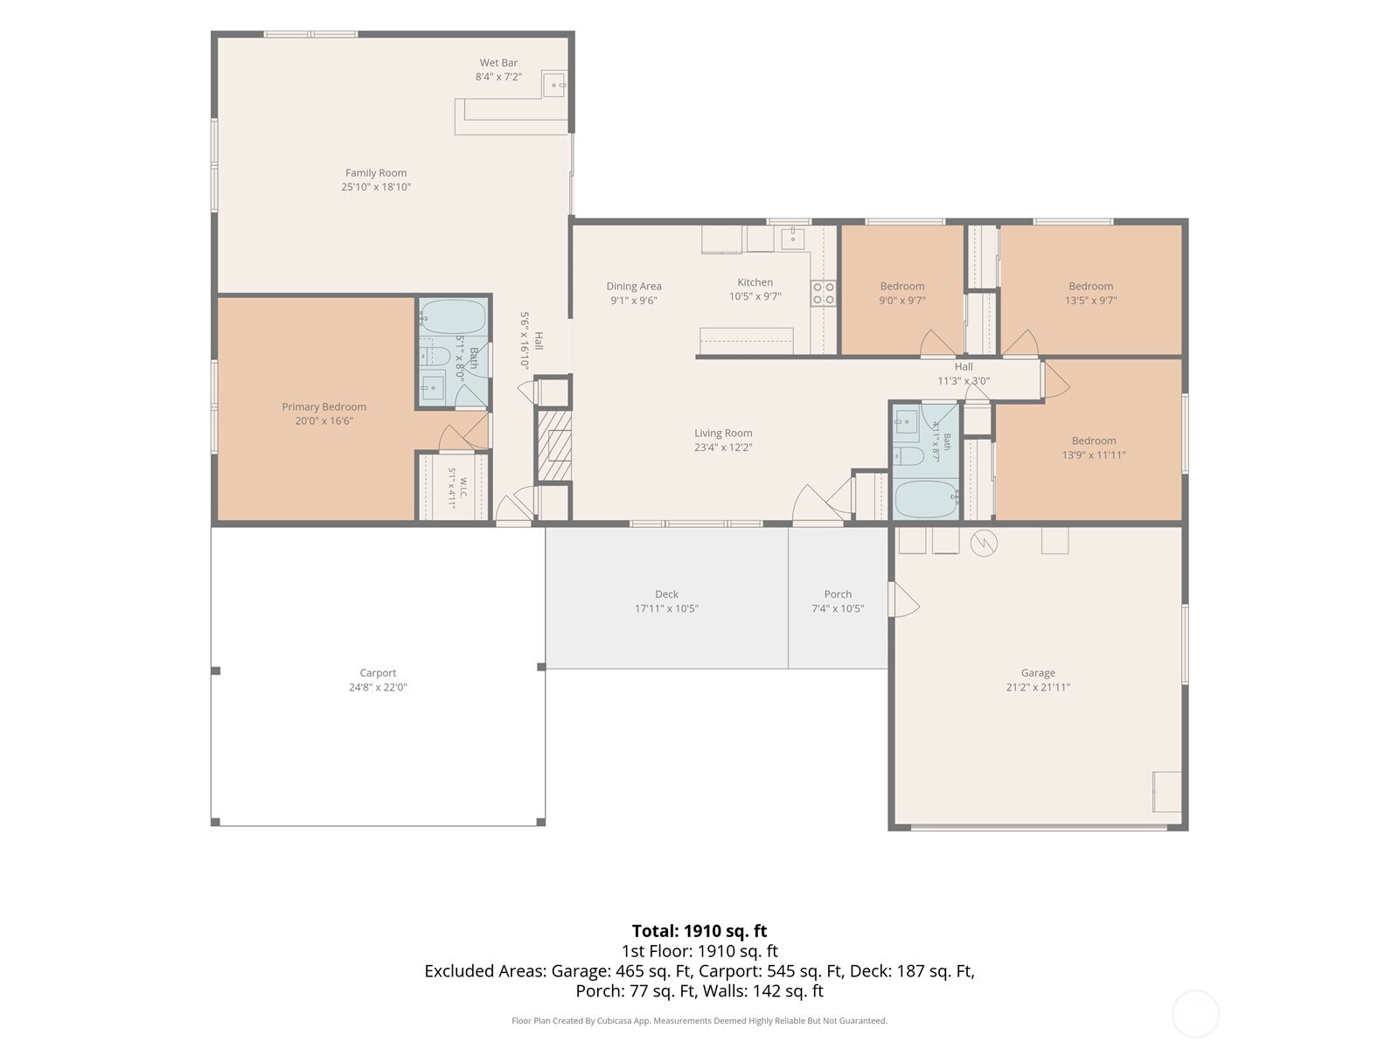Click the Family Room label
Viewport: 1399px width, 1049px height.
point(375,172)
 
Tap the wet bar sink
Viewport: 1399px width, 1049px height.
point(554,84)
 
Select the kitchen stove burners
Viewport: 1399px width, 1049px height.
point(823,293)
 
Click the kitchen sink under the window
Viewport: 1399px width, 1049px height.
point(793,239)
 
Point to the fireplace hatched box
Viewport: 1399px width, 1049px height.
point(553,445)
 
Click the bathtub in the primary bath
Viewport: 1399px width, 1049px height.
point(453,317)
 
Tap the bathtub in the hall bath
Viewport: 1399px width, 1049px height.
point(925,499)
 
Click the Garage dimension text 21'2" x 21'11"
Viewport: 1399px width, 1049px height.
point(1038,687)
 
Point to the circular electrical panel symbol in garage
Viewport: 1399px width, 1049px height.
point(984,543)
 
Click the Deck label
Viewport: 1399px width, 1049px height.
point(666,594)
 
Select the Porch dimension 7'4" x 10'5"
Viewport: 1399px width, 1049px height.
point(838,608)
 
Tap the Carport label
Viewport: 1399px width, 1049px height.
point(378,672)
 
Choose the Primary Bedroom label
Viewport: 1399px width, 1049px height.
point(324,406)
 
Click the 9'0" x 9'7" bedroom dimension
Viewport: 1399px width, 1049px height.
point(901,300)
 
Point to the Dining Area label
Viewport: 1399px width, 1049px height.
point(634,286)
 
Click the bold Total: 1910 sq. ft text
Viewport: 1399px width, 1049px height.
point(699,931)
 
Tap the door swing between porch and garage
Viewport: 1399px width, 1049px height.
point(904,600)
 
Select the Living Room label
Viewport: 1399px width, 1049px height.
point(723,433)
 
